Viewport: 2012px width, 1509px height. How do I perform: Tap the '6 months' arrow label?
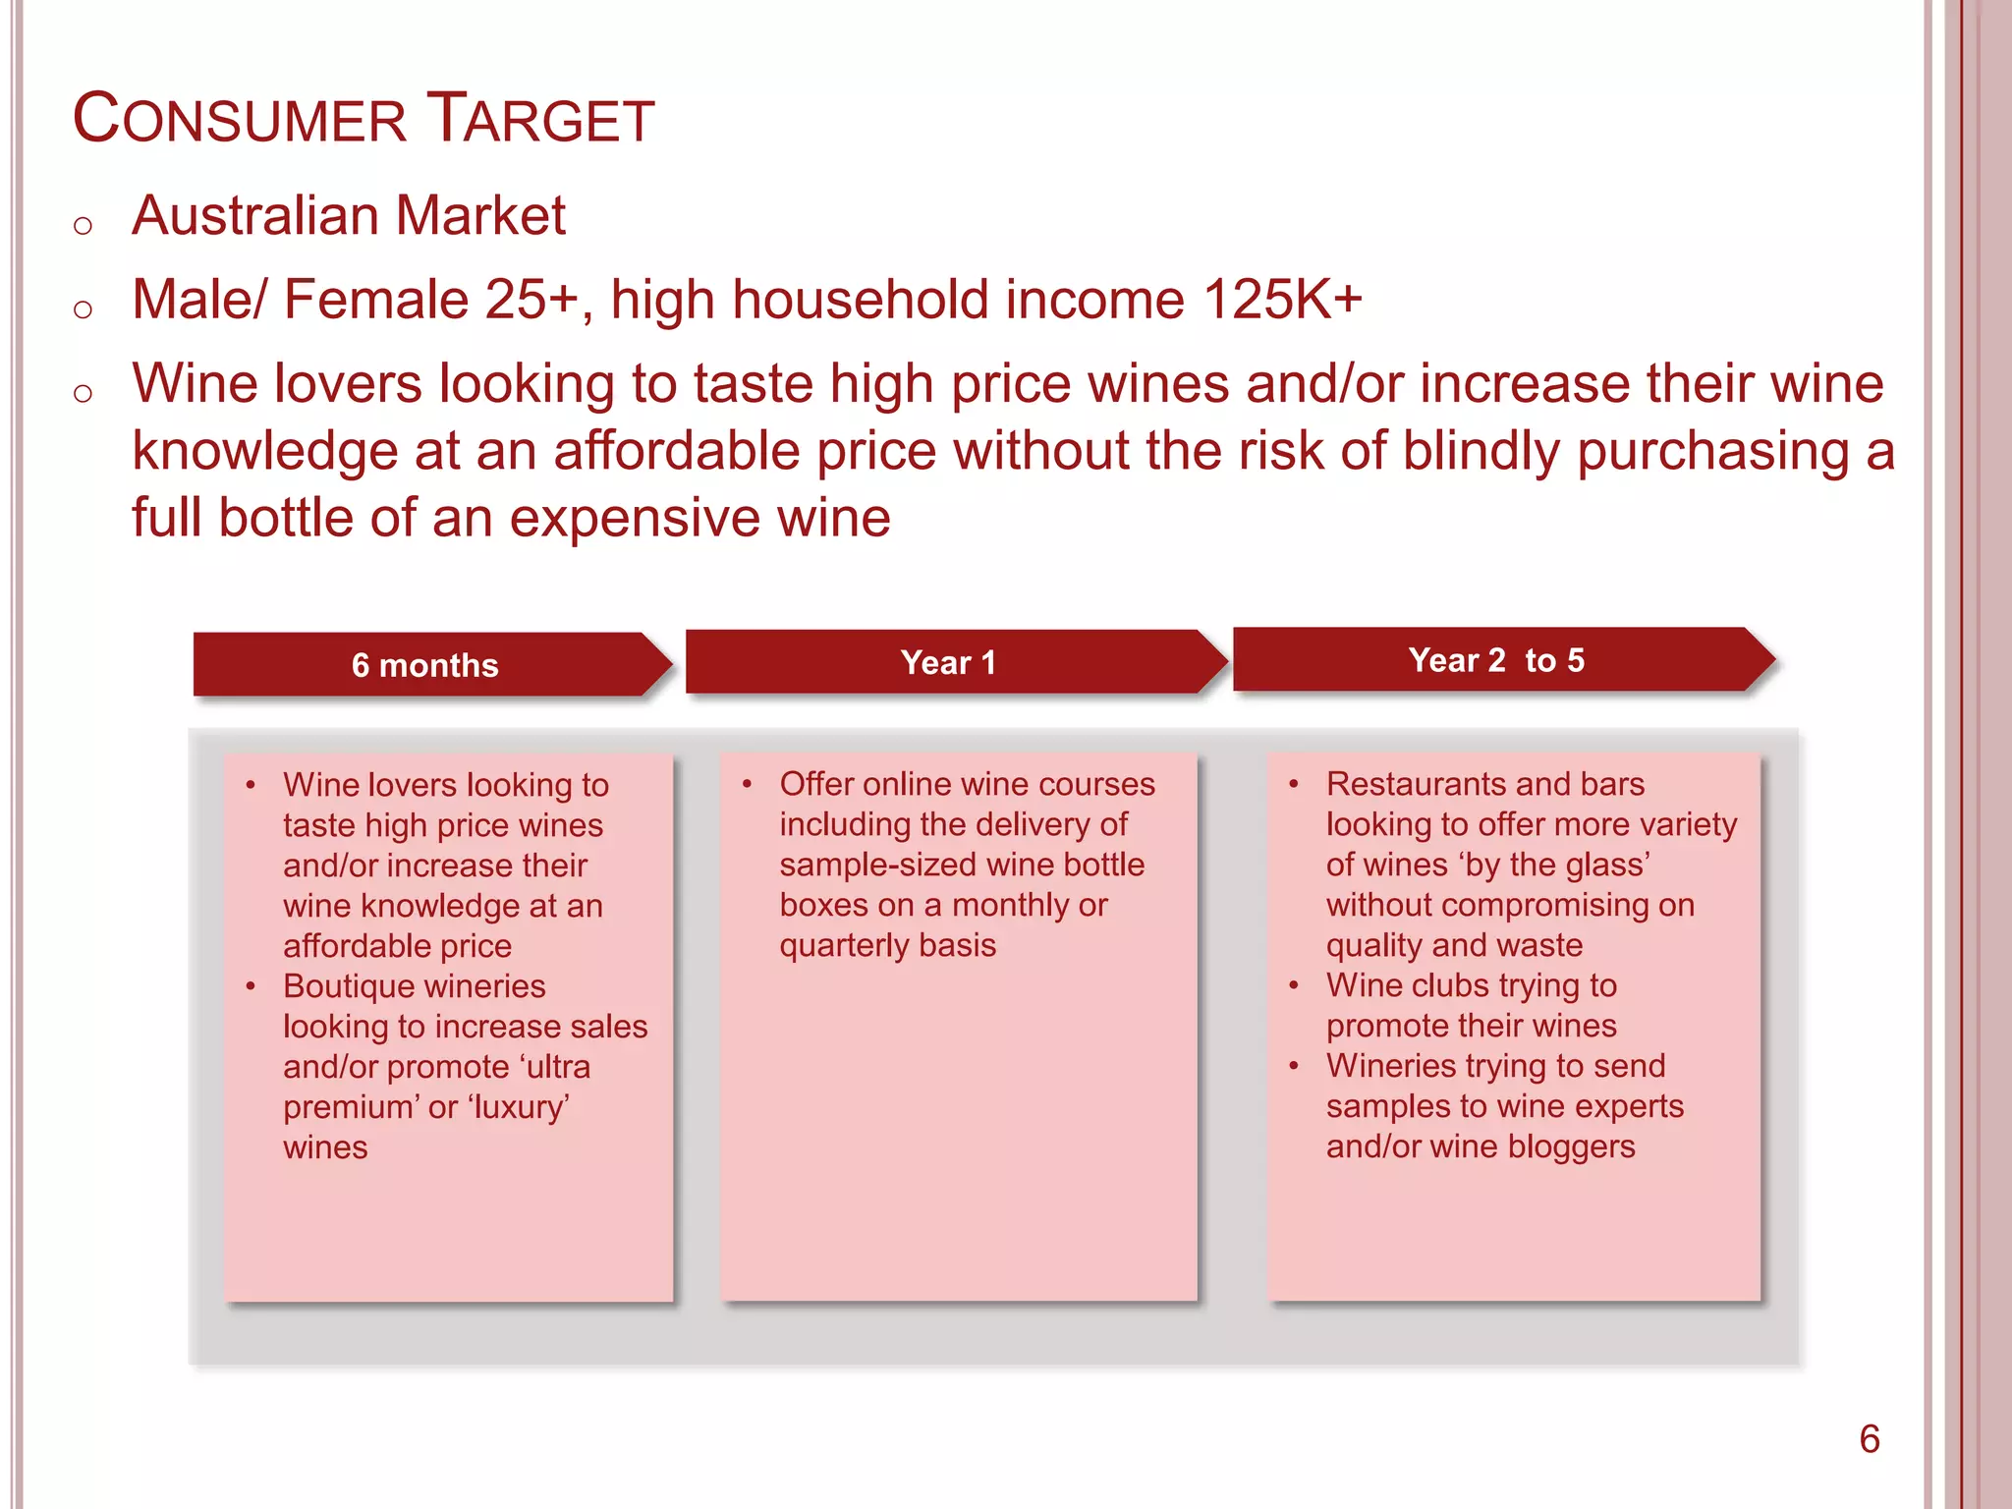(424, 665)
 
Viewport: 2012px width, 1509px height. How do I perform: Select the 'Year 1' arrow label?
(948, 662)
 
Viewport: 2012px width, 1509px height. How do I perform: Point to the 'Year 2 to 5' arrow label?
(1495, 660)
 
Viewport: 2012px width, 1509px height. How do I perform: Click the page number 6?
(1869, 1439)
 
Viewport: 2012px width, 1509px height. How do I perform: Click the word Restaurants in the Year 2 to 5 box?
(1415, 784)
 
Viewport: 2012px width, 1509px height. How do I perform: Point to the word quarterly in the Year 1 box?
(844, 945)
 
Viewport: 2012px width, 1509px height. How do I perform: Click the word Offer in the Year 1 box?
(816, 784)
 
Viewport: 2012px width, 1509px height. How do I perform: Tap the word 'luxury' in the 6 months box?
(519, 1107)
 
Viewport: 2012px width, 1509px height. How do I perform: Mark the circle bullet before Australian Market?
(83, 225)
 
